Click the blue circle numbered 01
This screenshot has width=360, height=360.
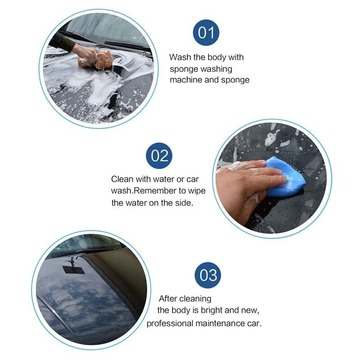click(x=206, y=32)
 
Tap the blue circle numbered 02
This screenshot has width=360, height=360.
click(x=159, y=156)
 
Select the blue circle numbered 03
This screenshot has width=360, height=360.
click(x=208, y=275)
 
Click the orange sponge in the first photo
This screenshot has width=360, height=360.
click(x=96, y=59)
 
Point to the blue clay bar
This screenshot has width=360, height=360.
click(x=285, y=176)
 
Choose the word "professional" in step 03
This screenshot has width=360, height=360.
click(x=170, y=324)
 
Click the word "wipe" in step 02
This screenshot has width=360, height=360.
click(x=197, y=191)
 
